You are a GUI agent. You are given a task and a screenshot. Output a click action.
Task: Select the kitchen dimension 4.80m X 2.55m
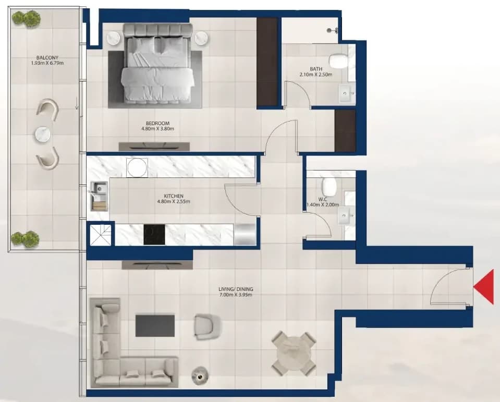point(174,201)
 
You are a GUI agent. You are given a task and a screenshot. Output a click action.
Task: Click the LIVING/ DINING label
point(236,289)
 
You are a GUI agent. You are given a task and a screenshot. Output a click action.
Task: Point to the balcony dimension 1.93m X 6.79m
point(47,63)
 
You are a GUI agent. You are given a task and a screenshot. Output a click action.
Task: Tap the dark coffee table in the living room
point(155,326)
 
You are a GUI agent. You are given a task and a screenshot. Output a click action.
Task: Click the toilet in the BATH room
point(338,60)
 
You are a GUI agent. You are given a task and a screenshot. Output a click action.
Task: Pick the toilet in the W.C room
point(329,187)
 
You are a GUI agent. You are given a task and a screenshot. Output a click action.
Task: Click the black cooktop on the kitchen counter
point(154,235)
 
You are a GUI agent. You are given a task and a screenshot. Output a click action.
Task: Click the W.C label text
point(323,199)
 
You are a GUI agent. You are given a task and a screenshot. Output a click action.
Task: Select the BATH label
point(315,69)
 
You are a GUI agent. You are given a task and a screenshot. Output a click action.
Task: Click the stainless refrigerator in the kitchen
point(245,235)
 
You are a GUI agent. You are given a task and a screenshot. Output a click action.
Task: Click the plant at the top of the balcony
point(27,19)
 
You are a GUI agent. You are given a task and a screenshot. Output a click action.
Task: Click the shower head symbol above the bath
point(332,30)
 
